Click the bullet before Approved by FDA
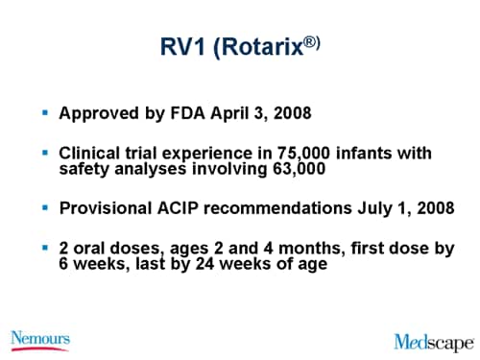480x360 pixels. pyautogui.click(x=45, y=112)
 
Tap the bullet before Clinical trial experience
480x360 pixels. pyautogui.click(x=45, y=152)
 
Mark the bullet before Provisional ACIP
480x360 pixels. pyautogui.click(x=45, y=206)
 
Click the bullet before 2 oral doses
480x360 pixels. pyautogui.click(x=45, y=247)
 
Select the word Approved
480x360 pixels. pyautogui.click(x=96, y=113)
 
